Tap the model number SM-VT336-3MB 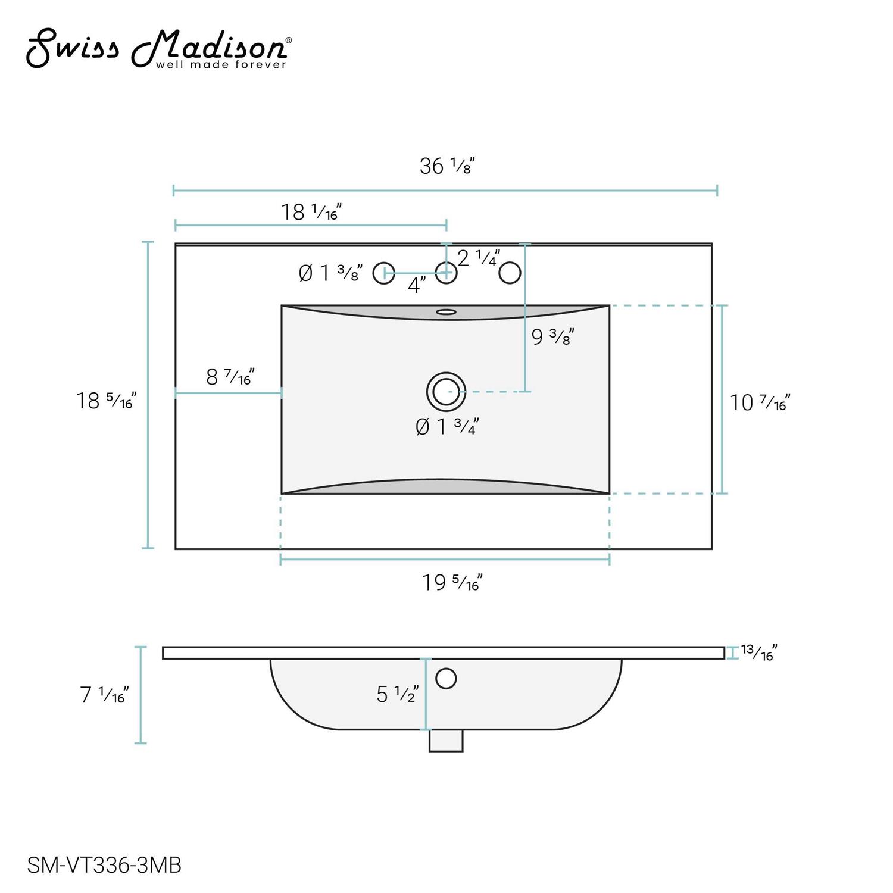[105, 864]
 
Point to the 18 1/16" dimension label [311, 211]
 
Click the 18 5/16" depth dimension [106, 401]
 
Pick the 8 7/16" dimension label [230, 377]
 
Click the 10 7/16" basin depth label [760, 403]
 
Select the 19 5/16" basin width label [452, 582]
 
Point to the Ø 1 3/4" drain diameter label [447, 426]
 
